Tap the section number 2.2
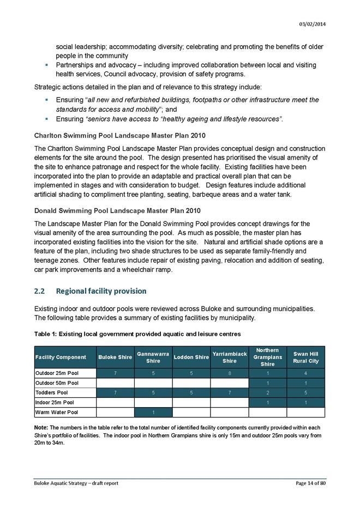[39, 290]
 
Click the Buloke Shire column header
[115, 357]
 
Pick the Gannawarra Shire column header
[153, 357]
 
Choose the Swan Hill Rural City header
[305, 357]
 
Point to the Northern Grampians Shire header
[267, 357]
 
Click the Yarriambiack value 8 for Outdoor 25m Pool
[230, 373]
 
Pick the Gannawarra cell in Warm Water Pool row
[153, 413]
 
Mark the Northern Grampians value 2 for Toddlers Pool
[267, 392]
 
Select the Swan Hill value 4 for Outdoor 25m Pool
[305, 373]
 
